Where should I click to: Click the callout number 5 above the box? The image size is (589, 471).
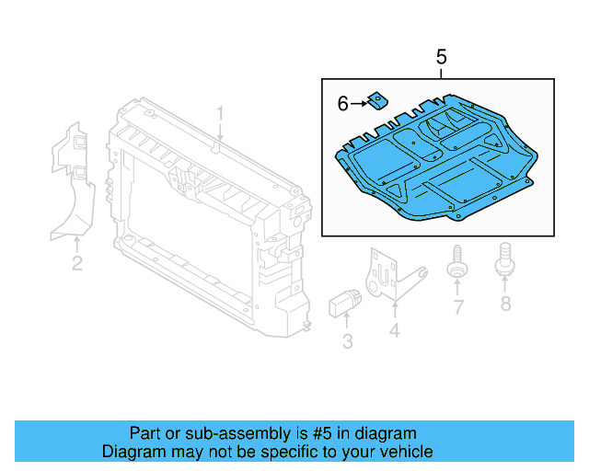[x=441, y=57]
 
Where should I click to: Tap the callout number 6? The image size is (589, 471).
[x=342, y=104]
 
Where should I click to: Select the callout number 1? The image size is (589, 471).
[x=220, y=114]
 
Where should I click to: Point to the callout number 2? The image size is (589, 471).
[x=77, y=264]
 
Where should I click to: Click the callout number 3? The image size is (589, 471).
[x=347, y=343]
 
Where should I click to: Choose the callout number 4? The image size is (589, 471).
[x=394, y=329]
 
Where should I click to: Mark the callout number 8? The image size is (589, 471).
[x=504, y=303]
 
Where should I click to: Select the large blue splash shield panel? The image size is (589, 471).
[x=433, y=166]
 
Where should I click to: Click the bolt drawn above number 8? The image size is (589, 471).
[x=504, y=258]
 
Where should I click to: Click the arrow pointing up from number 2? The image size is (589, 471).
[x=77, y=243]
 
